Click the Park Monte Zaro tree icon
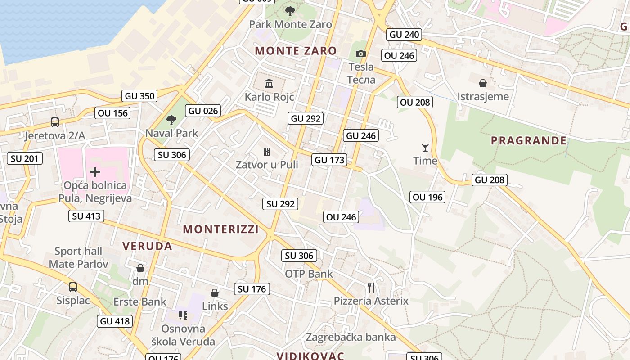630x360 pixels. click(290, 11)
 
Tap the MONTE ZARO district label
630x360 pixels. click(296, 51)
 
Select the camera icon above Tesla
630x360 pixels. click(360, 54)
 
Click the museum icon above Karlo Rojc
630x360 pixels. click(269, 83)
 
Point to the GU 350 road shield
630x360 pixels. click(139, 96)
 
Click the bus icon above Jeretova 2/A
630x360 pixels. click(54, 122)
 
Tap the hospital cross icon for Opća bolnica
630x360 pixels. click(95, 171)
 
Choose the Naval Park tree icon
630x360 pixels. click(171, 120)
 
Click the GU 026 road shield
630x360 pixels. click(203, 111)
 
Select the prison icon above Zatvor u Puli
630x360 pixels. click(267, 151)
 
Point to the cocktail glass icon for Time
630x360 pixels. click(425, 147)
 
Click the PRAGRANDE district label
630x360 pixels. click(528, 141)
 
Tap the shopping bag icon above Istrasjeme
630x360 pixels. click(483, 83)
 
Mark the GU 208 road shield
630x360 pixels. click(490, 180)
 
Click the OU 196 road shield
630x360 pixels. click(427, 197)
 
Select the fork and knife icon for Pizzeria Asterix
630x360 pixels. click(371, 287)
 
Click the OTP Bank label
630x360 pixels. click(309, 274)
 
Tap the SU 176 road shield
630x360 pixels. click(252, 289)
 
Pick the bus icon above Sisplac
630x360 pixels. click(72, 287)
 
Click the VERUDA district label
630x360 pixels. click(147, 246)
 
